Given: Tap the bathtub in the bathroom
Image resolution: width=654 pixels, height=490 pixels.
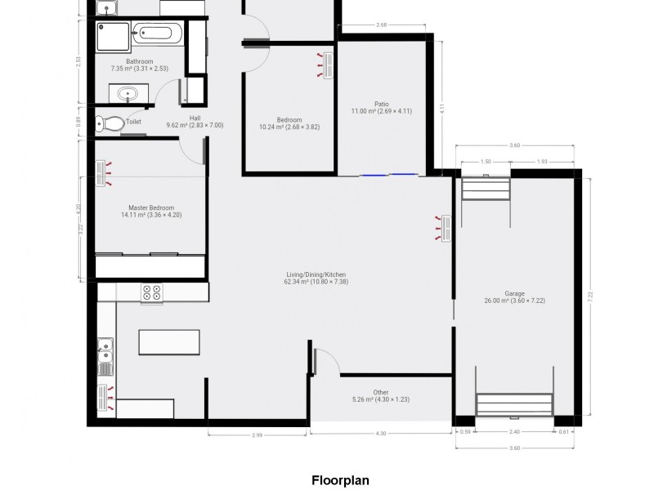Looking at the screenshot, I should [x=160, y=34].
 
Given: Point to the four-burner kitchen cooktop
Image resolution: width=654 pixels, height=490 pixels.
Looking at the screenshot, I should [x=152, y=293].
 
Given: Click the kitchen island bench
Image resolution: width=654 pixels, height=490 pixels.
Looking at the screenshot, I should [x=168, y=341].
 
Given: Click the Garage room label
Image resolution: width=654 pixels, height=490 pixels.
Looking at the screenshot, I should [x=514, y=293].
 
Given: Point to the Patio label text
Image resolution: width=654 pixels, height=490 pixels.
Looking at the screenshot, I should [x=381, y=104].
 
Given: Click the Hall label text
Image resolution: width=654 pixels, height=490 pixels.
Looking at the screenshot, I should [x=195, y=118].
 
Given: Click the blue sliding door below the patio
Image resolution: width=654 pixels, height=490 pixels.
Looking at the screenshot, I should [x=379, y=174].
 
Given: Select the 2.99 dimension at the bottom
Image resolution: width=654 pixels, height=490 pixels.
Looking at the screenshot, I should [x=257, y=434].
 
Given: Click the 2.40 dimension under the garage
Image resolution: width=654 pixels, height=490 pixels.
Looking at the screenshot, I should [x=514, y=431].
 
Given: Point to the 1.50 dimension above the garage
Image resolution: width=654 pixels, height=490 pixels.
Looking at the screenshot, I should [x=486, y=162].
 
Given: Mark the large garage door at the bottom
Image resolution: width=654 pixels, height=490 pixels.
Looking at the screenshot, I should [x=514, y=404].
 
